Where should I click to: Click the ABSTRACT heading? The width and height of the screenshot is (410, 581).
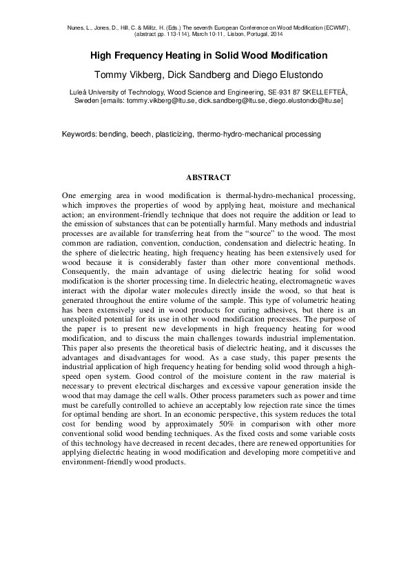(x=205, y=177)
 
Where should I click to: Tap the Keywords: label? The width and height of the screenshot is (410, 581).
(x=79, y=134)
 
